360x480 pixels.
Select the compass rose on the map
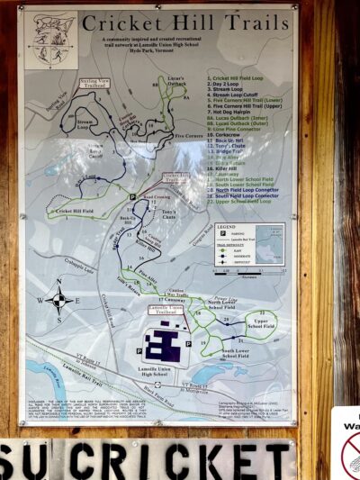click(58, 301)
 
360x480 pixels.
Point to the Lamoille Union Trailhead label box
click(166, 311)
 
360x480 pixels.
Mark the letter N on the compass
click(59, 283)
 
